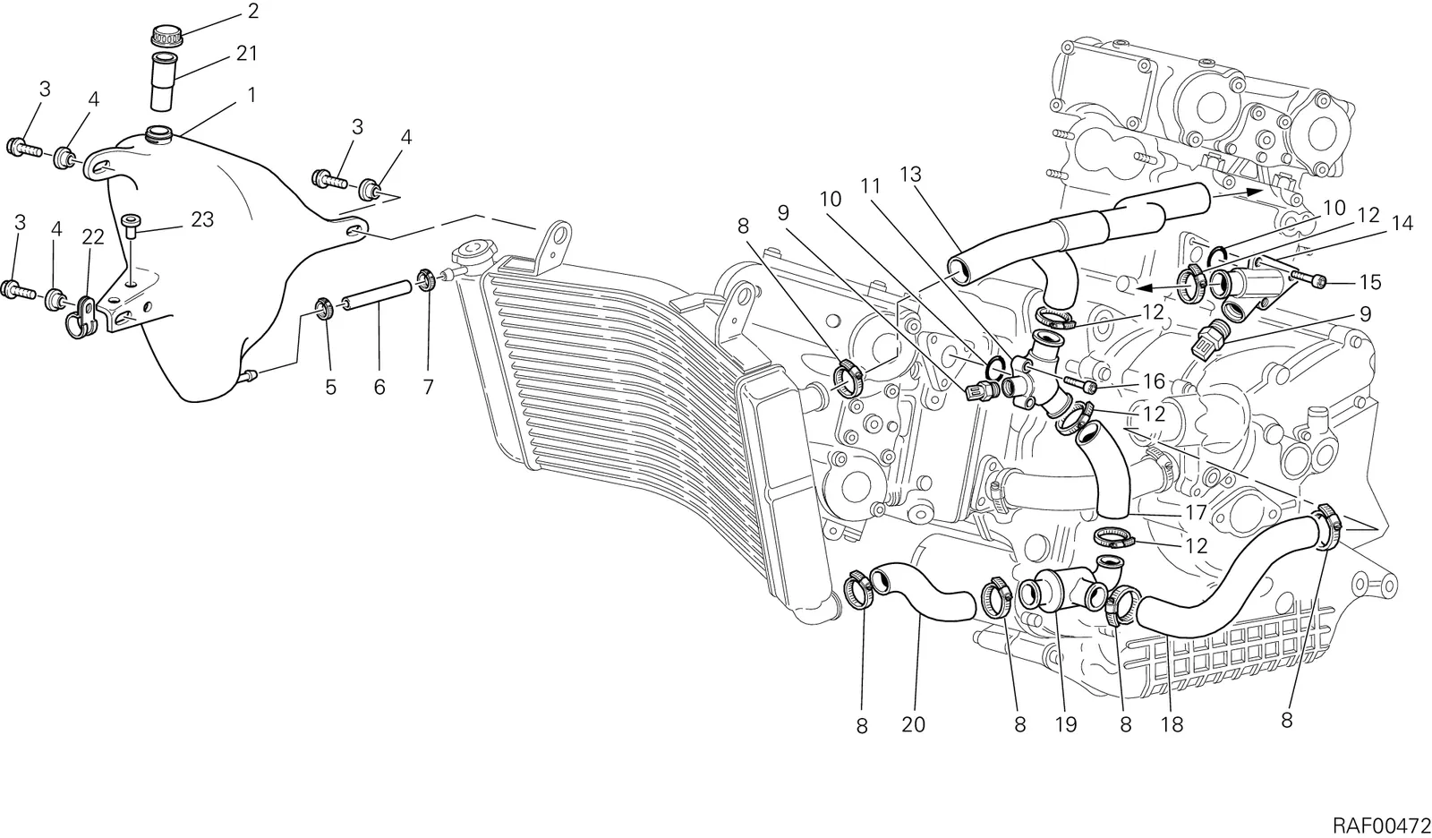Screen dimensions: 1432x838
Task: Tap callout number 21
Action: click(x=247, y=54)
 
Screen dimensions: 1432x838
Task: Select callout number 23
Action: click(x=202, y=219)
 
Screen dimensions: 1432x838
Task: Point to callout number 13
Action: click(x=911, y=174)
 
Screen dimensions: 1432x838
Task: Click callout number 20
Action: click(x=914, y=725)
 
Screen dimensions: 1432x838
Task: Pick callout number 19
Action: click(x=1066, y=725)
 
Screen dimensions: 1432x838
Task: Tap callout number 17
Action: click(x=1196, y=512)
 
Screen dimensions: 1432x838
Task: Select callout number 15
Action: click(x=1370, y=282)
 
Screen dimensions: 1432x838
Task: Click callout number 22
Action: click(x=93, y=237)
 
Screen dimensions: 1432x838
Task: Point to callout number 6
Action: click(x=379, y=387)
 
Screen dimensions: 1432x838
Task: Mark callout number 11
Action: click(x=870, y=186)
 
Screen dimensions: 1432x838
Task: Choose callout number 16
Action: click(x=1154, y=382)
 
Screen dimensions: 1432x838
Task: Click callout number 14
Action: click(x=1402, y=223)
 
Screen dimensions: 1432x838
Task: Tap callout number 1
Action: click(x=251, y=95)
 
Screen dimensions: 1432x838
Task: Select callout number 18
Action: click(x=1172, y=725)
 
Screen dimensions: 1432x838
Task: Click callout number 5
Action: click(x=330, y=387)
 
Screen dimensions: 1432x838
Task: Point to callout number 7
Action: click(x=428, y=387)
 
